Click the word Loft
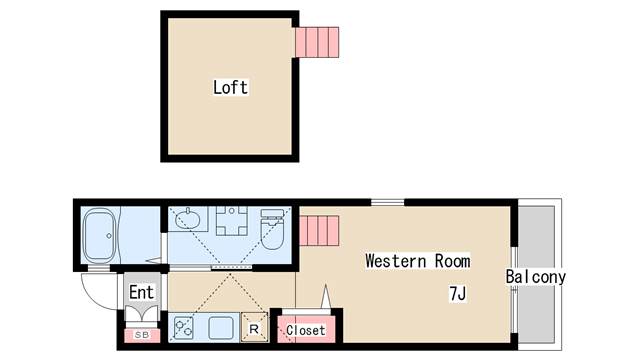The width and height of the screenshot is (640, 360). [230, 87]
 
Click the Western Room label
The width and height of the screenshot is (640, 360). [417, 261]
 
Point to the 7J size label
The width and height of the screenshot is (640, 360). [458, 294]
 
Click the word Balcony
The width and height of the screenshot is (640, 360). [535, 277]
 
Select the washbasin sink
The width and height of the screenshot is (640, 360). [187, 220]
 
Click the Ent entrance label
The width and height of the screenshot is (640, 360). [141, 293]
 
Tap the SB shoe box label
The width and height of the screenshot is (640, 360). [141, 334]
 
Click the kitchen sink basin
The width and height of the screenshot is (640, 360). [221, 327]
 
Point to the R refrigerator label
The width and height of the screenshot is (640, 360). [255, 328]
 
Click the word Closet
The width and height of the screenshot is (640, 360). [305, 330]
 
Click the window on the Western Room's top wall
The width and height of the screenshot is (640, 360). [387, 203]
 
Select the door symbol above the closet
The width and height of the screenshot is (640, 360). [325, 299]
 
